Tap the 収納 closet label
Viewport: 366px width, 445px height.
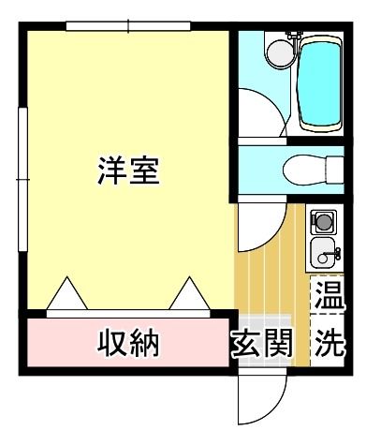click(x=129, y=344)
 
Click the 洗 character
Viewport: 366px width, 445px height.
click(x=328, y=344)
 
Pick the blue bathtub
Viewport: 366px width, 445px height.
click(x=318, y=84)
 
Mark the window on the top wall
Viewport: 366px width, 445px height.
click(x=128, y=26)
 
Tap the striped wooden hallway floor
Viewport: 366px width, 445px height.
click(x=271, y=281)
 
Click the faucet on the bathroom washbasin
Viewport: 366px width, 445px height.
click(x=291, y=37)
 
